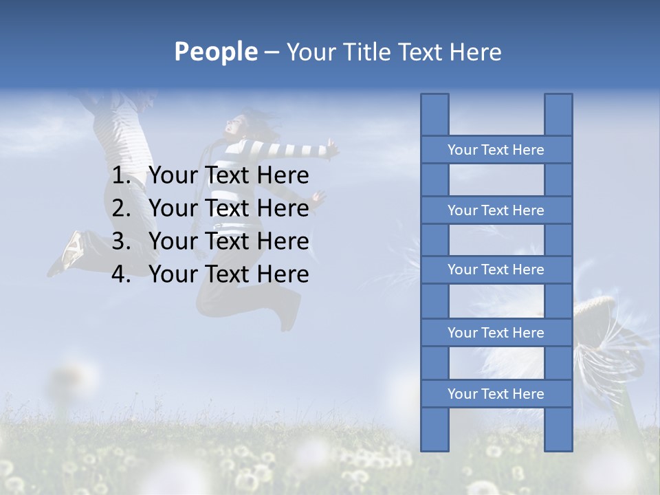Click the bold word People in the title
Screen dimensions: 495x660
[x=215, y=52]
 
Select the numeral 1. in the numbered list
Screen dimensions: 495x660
[x=124, y=176]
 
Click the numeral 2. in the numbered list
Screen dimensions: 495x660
[x=124, y=208]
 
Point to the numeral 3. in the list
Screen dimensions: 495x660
[x=124, y=241]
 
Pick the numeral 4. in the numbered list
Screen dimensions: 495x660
[x=124, y=274]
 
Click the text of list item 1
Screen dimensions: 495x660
[x=228, y=176]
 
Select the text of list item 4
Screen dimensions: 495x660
[x=228, y=274]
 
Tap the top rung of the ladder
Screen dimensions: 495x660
[x=496, y=150]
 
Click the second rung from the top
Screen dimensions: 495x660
[x=496, y=210]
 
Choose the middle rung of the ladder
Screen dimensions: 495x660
[x=496, y=269]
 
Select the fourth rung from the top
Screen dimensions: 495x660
[x=496, y=333]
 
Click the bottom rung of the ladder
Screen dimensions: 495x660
[x=496, y=394]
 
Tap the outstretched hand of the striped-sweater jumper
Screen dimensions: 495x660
[x=333, y=146]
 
